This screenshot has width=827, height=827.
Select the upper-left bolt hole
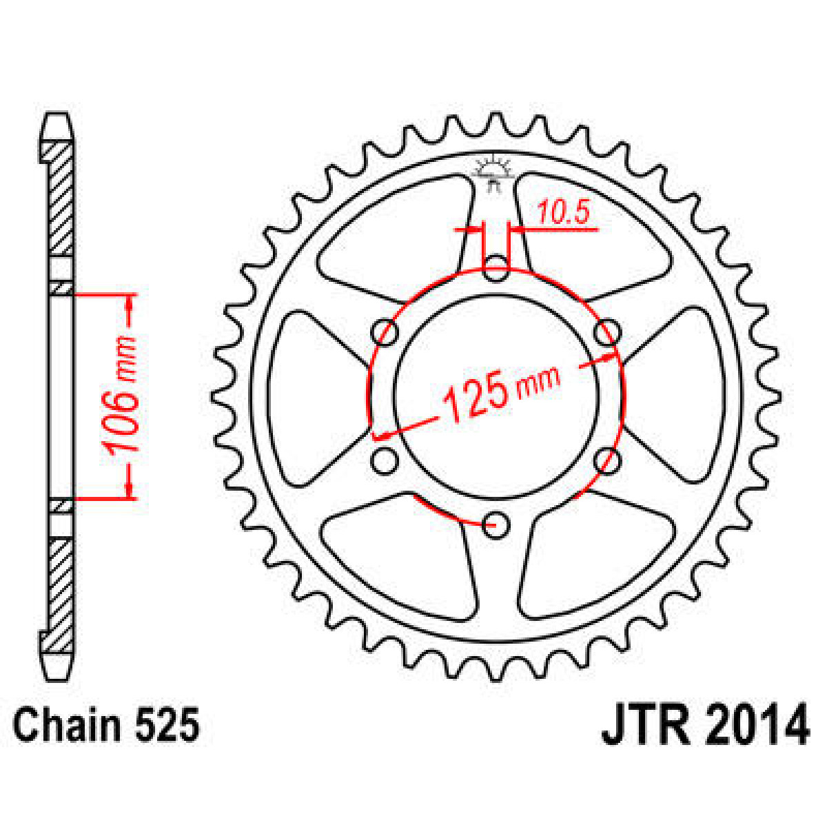(x=385, y=332)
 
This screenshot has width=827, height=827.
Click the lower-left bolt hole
(x=385, y=460)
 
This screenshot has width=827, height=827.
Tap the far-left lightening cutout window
(x=307, y=396)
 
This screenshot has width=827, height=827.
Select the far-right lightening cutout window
(x=682, y=396)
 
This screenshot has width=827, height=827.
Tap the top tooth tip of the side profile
(x=57, y=124)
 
